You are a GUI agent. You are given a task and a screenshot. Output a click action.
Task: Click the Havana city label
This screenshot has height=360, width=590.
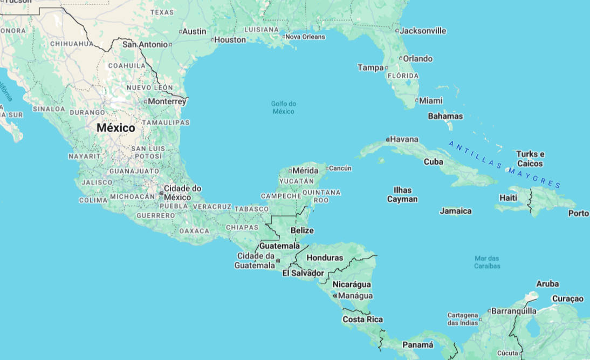pos(404,139)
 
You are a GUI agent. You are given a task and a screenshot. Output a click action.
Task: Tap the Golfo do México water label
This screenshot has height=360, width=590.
pos(284,107)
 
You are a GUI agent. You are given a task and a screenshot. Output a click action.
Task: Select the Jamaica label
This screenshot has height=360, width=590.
pos(456,211)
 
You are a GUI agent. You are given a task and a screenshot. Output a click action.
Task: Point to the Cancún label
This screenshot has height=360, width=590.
pos(340,168)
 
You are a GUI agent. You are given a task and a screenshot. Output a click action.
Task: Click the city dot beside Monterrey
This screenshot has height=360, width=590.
pos(146,101)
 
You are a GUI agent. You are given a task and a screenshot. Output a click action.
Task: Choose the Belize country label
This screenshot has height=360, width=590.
pos(302,230)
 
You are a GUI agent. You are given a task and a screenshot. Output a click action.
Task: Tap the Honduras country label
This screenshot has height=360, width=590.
pos(325,257)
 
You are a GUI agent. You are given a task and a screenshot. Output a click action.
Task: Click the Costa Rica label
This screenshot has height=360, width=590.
pos(362,320)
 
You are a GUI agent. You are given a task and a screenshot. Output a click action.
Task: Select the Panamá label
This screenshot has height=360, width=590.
pos(418,345)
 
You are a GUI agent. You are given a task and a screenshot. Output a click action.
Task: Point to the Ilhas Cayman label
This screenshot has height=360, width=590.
pos(402,194)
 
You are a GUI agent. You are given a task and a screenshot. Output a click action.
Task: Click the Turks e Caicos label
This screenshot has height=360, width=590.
pos(530,159)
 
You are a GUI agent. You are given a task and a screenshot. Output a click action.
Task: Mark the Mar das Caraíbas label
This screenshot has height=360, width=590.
pos(488,262)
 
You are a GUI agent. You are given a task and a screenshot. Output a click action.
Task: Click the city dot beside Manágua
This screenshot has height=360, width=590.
pos(335,296)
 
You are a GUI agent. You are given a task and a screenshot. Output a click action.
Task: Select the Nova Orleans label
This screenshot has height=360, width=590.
pos(305,37)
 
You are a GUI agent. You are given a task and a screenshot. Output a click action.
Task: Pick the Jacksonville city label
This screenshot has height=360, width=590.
pos(423,31)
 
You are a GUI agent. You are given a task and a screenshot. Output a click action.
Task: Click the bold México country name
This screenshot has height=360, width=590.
pos(116,128)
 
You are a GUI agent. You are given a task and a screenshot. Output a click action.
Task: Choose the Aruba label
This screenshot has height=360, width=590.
pos(547,284)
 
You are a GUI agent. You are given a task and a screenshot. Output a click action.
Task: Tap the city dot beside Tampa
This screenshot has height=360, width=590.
pos(386,68)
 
